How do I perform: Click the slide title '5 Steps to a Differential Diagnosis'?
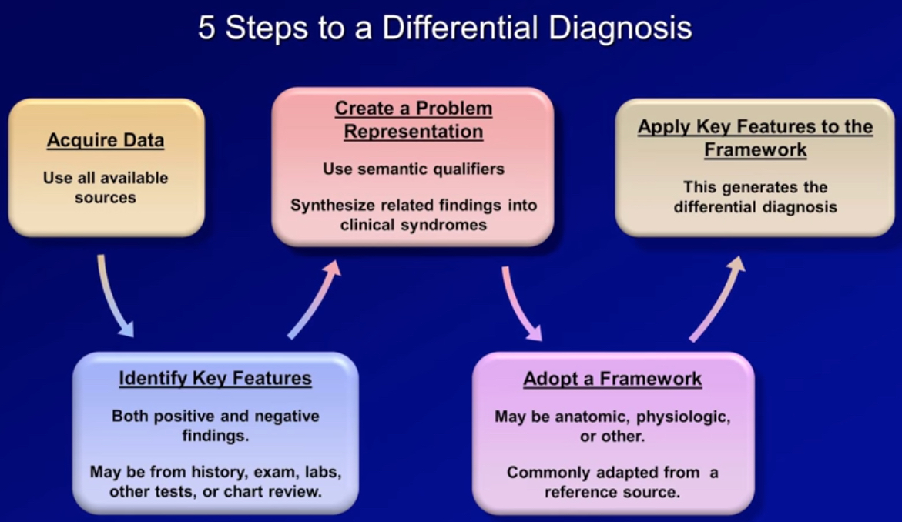(444, 28)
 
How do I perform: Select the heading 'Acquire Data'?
(106, 141)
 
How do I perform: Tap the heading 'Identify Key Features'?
(215, 379)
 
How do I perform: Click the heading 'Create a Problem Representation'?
(413, 120)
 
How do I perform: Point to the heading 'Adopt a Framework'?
(612, 379)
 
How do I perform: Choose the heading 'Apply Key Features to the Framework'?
(755, 138)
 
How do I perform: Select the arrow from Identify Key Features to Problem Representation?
(314, 299)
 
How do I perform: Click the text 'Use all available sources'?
(106, 188)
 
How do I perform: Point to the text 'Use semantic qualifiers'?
(414, 169)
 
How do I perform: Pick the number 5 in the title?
(206, 28)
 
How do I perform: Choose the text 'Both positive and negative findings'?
(215, 426)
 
